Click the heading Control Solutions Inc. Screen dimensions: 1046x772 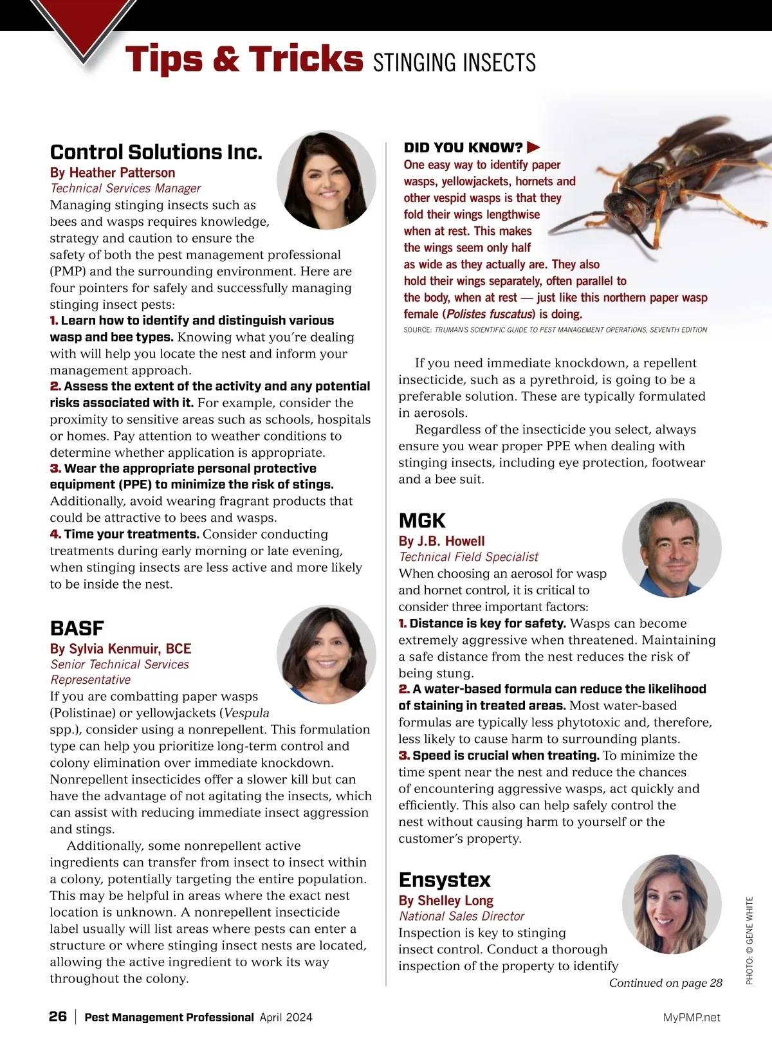point(156,152)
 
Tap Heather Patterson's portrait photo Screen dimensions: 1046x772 point(326,181)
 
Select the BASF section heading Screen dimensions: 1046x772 point(77,628)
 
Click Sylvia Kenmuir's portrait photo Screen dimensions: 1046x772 point(326,655)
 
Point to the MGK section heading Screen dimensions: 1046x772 point(422,520)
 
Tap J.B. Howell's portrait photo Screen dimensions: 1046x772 point(672,548)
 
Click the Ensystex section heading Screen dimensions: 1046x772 point(445,879)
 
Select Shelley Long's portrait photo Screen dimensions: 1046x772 point(672,904)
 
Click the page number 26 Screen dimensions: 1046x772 point(58,1016)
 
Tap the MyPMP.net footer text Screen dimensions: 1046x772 point(692,1017)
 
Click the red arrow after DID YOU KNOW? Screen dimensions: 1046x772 point(533,148)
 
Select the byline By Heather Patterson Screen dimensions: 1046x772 point(113,172)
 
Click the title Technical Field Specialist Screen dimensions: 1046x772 point(468,557)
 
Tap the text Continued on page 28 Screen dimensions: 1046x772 point(665,983)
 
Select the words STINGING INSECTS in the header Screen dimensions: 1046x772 point(454,63)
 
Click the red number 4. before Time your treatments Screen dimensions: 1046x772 point(55,535)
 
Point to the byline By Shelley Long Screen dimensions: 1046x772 point(446,901)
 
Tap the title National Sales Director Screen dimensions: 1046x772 point(461,916)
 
